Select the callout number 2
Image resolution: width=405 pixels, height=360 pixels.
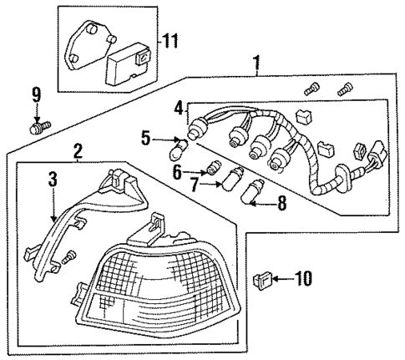pyautogui.click(x=77, y=151)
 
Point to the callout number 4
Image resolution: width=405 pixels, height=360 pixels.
pyautogui.click(x=178, y=108)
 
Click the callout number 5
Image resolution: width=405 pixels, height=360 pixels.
pyautogui.click(x=145, y=139)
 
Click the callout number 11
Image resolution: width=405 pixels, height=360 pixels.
pyautogui.click(x=170, y=40)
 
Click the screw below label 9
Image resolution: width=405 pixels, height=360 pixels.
pyautogui.click(x=38, y=127)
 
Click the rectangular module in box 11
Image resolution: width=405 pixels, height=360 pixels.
pyautogui.click(x=127, y=63)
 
